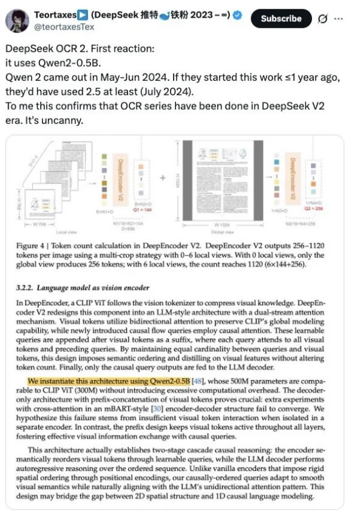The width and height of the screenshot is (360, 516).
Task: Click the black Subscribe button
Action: (x=281, y=18)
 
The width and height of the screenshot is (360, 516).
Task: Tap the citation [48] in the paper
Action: (x=198, y=381)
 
